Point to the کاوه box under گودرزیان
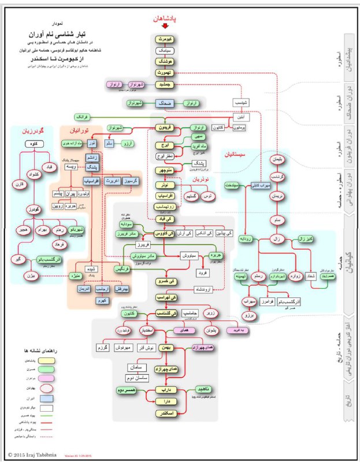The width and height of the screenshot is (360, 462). [34, 144]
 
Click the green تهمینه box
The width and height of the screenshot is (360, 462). [242, 277]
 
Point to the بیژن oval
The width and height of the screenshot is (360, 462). [30, 275]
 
